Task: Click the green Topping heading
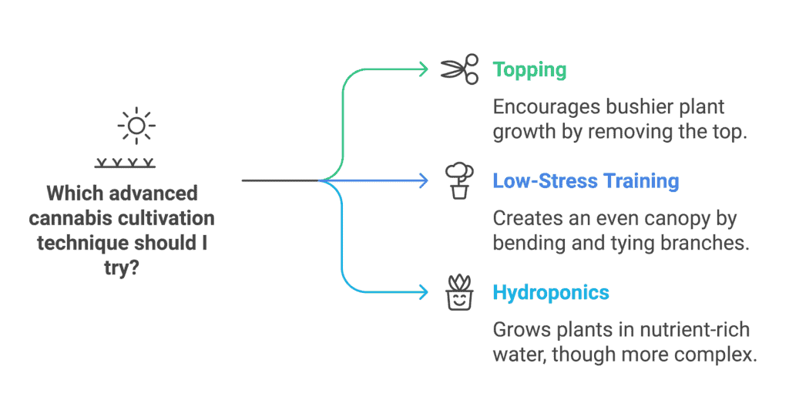point(529,70)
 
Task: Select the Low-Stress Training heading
point(586,181)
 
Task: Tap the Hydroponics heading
point(551,293)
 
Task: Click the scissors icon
point(459,69)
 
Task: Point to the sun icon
point(136,126)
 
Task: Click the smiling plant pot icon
point(459,293)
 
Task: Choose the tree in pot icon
point(459,181)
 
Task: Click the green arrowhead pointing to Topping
point(423,69)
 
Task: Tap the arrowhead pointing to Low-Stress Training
point(423,181)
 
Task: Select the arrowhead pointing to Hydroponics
point(423,292)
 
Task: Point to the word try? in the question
point(121,268)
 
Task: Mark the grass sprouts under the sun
point(125,163)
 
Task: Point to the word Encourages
point(546,108)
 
